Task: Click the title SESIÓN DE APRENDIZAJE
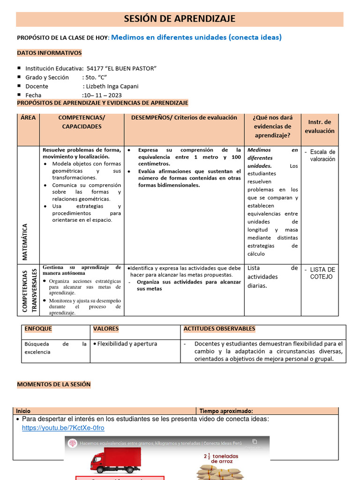(x=180, y=19)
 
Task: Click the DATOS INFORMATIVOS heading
(x=49, y=53)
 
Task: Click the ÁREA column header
(x=28, y=118)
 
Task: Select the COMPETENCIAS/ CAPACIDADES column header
(x=82, y=122)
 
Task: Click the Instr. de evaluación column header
(x=320, y=127)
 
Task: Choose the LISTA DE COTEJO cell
(x=322, y=273)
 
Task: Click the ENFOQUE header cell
(x=38, y=329)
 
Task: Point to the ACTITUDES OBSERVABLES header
(x=219, y=329)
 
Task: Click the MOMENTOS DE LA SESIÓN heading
(x=53, y=384)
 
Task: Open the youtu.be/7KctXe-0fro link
(x=63, y=428)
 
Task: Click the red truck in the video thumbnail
(x=115, y=459)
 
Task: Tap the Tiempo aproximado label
(x=226, y=411)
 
